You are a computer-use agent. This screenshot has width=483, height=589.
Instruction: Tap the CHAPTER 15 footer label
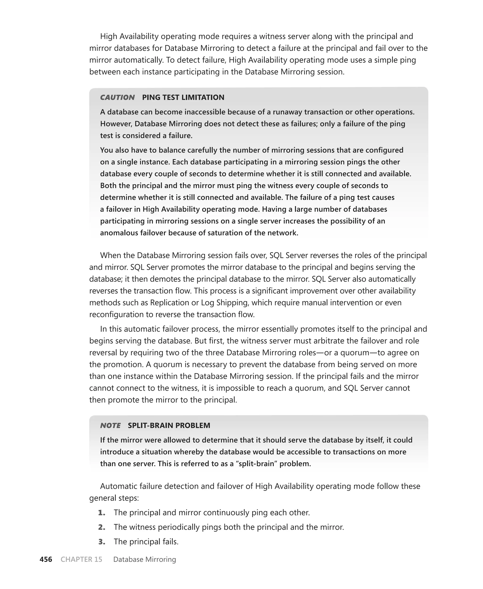[x=81, y=559]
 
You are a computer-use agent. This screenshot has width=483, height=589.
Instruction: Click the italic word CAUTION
[x=117, y=97]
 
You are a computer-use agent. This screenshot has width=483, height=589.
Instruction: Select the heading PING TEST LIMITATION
[x=183, y=97]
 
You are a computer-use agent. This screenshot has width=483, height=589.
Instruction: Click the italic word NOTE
[x=110, y=426]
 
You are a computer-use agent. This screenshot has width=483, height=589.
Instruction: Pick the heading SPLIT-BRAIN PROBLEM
[x=169, y=426]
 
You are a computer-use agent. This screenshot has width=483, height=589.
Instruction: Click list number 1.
[x=102, y=513]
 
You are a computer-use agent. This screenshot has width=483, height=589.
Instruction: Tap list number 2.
[x=102, y=527]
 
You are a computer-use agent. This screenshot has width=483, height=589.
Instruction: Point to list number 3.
[x=102, y=541]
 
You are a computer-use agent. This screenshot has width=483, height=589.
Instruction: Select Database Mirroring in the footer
[x=145, y=559]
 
